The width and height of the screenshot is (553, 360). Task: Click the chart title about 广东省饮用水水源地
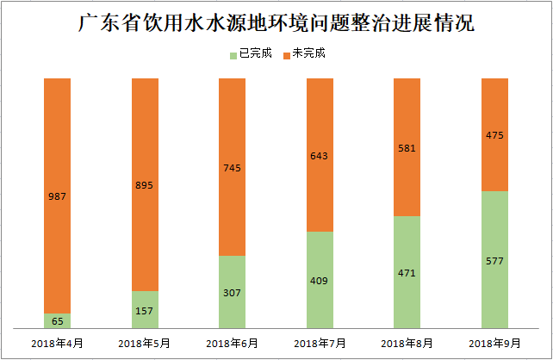(x=276, y=22)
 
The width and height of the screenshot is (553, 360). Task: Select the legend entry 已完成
(x=255, y=53)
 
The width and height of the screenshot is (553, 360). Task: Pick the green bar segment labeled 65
(x=57, y=320)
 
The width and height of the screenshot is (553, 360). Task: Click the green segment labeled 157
(x=145, y=310)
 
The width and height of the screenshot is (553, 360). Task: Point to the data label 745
(x=232, y=168)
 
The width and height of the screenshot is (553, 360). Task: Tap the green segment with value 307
(x=232, y=292)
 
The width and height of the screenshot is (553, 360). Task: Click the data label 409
(x=320, y=280)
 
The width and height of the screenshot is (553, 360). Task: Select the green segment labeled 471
(x=407, y=273)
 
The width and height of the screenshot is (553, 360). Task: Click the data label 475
(x=494, y=135)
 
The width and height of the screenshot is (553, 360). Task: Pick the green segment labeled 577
(x=494, y=259)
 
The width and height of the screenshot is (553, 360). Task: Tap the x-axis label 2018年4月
(x=57, y=344)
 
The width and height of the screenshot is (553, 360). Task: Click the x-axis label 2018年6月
(x=232, y=344)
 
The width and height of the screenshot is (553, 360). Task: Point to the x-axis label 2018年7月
(x=320, y=344)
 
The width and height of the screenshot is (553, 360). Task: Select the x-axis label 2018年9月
(x=494, y=344)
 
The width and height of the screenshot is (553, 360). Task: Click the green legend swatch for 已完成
(x=233, y=54)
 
